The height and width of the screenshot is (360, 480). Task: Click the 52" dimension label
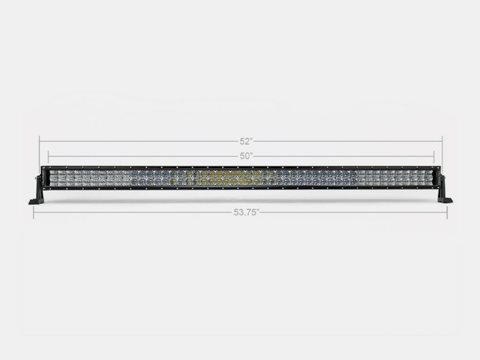[245, 142]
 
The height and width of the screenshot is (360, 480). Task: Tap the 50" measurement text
[245, 156]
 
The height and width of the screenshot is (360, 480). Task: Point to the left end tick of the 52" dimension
[40, 142]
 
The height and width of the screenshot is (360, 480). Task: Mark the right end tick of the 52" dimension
[442, 142]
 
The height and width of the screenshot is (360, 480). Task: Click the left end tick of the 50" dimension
[49, 156]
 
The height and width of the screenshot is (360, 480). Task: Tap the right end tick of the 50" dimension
[434, 156]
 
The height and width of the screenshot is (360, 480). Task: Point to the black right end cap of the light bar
[436, 178]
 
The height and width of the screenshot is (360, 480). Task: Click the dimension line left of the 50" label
[144, 156]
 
